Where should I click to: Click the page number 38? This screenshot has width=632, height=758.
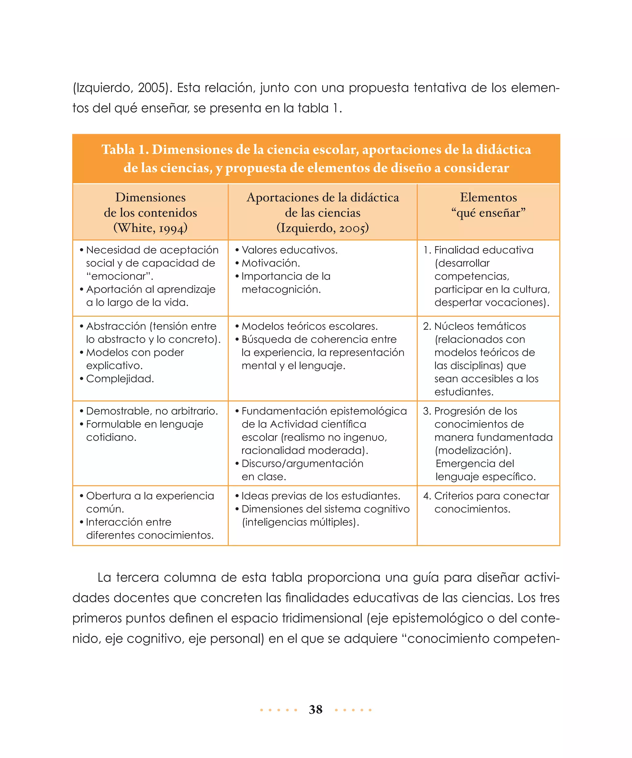[315, 709]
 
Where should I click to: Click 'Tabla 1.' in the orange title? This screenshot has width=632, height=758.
[125, 150]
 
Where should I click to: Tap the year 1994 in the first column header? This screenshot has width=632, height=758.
[172, 228]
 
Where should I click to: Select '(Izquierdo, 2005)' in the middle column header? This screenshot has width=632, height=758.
[322, 228]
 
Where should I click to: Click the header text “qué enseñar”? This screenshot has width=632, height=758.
[488, 212]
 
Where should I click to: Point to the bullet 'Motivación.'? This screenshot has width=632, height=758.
[271, 263]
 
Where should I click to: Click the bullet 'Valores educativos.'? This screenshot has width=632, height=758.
[289, 250]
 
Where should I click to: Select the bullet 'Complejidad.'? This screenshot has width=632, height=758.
[120, 379]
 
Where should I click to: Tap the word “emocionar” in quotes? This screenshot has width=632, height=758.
[119, 276]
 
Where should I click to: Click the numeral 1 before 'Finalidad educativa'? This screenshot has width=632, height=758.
[426, 250]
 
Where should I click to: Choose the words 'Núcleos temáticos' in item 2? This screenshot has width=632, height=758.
[480, 326]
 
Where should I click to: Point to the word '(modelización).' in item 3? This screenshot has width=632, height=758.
[473, 451]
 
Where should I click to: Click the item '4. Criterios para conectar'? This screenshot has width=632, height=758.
[486, 496]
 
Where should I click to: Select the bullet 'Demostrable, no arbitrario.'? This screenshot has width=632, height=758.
[152, 411]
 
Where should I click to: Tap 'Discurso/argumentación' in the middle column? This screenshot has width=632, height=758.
[302, 463]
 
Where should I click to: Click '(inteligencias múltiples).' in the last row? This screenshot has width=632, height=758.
[300, 522]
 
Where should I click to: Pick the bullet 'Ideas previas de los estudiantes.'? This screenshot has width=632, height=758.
[321, 496]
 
